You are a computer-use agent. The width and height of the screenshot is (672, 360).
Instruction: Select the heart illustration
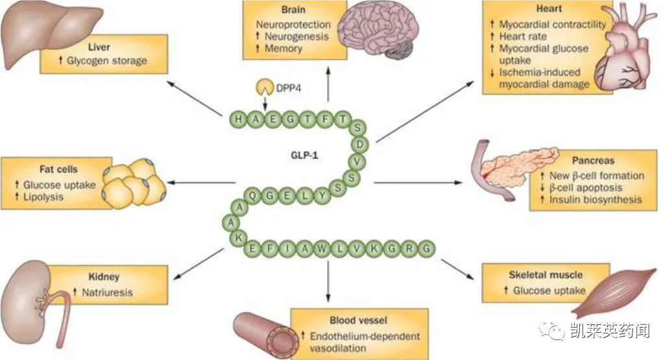[632, 52]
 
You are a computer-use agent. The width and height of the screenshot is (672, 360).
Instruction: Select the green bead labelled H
[240, 119]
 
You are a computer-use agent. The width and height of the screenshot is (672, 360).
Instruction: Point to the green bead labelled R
[411, 249]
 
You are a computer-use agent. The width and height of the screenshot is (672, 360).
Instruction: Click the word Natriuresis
[106, 292]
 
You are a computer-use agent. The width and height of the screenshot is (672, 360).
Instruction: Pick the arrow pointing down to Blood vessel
[328, 279]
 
